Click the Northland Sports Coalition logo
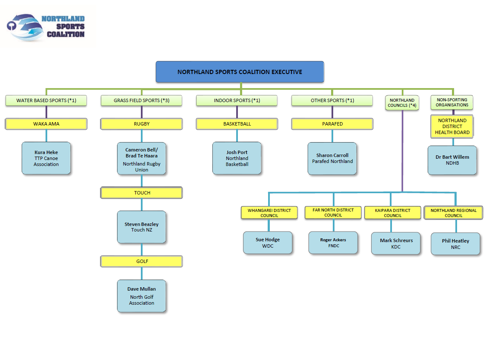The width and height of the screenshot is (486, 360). pos(47,26)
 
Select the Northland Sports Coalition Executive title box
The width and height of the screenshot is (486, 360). pos(240,72)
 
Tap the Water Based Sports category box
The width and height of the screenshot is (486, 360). pos(46,100)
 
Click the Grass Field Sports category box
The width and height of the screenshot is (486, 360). pos(141,100)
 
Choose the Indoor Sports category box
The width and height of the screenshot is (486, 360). pos(237,100)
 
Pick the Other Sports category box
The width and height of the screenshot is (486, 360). pos(332,100)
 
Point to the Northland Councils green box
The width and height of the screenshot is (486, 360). pos(402,103)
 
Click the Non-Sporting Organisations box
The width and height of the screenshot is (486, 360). pos(452,102)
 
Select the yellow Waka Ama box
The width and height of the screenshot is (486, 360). pos(46,124)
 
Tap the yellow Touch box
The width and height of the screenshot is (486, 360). pos(142,193)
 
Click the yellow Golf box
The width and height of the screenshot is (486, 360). pos(142,261)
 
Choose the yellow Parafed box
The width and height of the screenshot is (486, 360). pos(332,124)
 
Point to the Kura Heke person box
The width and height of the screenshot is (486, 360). pos(46,158)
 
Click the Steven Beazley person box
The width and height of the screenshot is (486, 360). pos(142,227)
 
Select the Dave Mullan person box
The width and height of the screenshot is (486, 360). pos(142,296)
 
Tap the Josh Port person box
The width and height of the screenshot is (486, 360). pos(237,158)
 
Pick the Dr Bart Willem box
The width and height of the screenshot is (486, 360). pos(452,160)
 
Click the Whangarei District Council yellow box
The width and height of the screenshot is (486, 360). pos(269,213)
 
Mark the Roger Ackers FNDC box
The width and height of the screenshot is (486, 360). pos(333,243)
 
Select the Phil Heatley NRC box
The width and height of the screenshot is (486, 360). pos(455,243)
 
